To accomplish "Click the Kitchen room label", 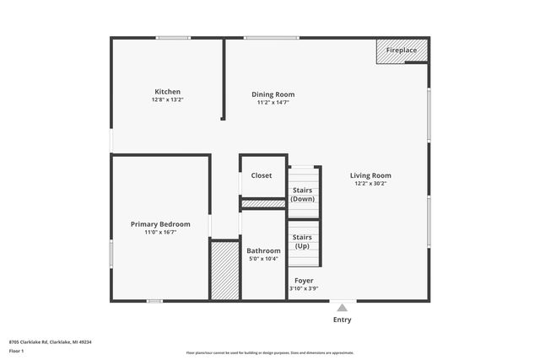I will click(167, 92).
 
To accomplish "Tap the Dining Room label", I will click(273, 94).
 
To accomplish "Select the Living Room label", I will click(370, 175).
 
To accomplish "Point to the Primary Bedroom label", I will click(160, 224).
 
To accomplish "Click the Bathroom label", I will click(263, 251).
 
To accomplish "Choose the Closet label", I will click(262, 175).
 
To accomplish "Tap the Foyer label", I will click(303, 280).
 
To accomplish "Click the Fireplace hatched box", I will click(402, 51).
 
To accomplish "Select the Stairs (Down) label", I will click(302, 195).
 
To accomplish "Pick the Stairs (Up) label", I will click(302, 242).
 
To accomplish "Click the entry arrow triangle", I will click(342, 308).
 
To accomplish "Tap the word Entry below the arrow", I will click(342, 320).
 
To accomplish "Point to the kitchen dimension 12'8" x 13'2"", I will click(167, 100).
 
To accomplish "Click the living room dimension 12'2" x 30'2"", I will click(370, 184).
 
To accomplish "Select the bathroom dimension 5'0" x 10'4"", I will click(263, 260).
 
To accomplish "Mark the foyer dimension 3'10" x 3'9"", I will click(303, 288).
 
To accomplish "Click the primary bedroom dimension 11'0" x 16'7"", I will click(160, 233).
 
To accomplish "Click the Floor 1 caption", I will click(17, 350).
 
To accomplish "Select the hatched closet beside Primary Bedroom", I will click(224, 270).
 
